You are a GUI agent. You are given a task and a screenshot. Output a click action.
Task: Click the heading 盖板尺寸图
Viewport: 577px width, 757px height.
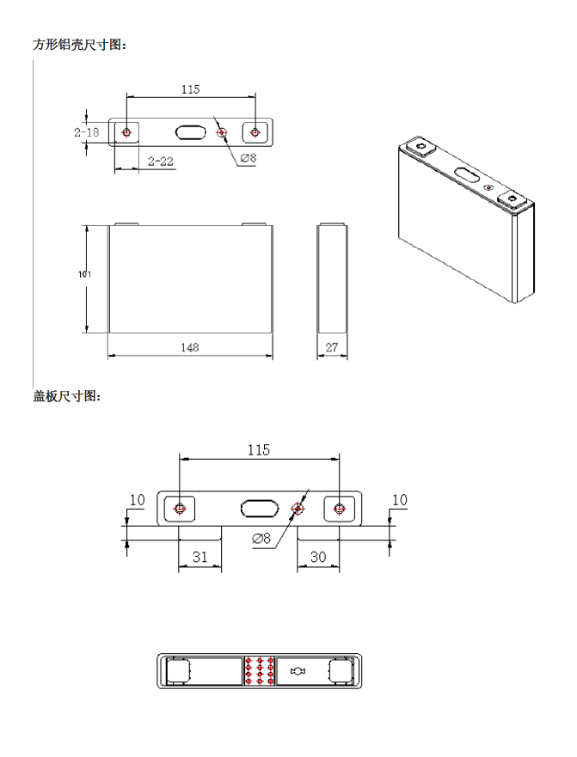tap(67, 396)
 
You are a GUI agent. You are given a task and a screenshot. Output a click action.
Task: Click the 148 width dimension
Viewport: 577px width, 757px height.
tap(190, 347)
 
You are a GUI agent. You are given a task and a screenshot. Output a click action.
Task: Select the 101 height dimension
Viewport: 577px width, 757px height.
tap(84, 274)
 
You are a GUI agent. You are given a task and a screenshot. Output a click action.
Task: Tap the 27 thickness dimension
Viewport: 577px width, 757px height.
tap(332, 347)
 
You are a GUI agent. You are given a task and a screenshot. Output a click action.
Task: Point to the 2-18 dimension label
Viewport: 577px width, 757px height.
tap(86, 132)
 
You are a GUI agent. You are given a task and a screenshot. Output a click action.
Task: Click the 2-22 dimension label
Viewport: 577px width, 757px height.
tap(161, 162)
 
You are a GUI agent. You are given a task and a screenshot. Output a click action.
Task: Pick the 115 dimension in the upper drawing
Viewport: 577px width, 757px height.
tap(191, 89)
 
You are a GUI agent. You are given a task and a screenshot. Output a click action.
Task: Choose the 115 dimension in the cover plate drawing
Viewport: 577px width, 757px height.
tap(259, 449)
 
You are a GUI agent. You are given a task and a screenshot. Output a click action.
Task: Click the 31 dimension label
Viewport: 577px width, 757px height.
tap(199, 557)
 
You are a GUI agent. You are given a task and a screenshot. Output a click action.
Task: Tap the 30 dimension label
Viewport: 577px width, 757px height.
tap(318, 557)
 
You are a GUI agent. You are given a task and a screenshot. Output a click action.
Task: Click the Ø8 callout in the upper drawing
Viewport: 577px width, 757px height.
tap(249, 158)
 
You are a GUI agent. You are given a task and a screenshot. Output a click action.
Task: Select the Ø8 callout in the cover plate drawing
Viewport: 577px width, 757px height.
tap(261, 538)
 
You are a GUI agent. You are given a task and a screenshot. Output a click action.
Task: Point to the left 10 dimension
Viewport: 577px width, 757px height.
tap(137, 499)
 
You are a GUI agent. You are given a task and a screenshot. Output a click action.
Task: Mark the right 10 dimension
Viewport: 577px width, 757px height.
tap(399, 499)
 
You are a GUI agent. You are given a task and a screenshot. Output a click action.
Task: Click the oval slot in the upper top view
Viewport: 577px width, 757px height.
tap(191, 132)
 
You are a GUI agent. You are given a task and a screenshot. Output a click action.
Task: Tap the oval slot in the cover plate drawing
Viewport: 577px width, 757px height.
tap(260, 508)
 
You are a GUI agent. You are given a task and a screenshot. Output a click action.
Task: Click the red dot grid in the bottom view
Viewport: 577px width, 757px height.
tap(260, 671)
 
